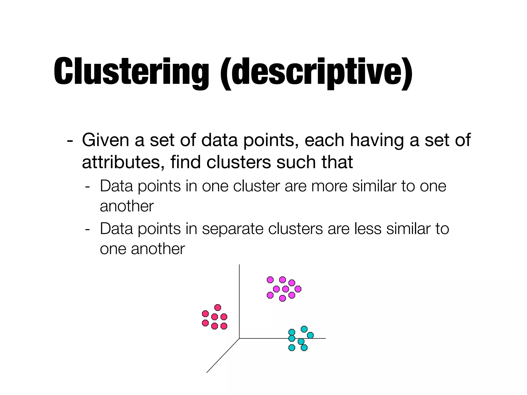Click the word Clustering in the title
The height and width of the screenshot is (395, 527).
click(131, 71)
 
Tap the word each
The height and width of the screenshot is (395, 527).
click(324, 140)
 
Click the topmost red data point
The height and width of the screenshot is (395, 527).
click(218, 308)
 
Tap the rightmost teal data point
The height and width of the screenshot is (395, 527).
click(310, 335)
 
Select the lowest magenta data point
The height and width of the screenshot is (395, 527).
click(283, 298)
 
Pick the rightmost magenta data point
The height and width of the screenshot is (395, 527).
click(298, 289)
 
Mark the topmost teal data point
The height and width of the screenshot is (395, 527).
click(304, 329)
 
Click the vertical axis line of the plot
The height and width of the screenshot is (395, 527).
click(239, 296)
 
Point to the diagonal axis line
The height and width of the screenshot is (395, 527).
click(223, 356)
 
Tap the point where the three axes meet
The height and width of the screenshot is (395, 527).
click(239, 338)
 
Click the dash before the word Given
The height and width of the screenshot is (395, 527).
click(69, 141)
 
